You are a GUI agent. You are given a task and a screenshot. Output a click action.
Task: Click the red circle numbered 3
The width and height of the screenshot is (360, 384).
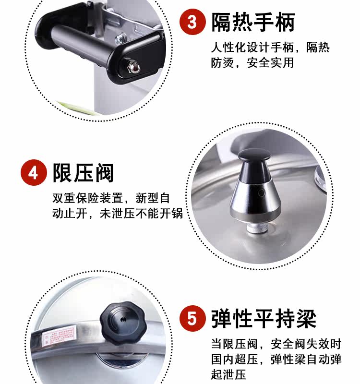[192, 22]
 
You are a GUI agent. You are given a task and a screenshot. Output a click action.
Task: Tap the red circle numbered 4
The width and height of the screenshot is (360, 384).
[34, 172]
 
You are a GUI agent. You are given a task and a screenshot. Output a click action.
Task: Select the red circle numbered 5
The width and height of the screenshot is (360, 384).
[192, 318]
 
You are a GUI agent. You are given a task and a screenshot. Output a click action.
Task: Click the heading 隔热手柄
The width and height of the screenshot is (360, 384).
[253, 23]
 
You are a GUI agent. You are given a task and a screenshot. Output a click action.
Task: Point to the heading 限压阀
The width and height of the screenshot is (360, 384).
[83, 173]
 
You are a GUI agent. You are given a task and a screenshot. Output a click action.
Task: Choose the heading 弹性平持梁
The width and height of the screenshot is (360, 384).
[264, 318]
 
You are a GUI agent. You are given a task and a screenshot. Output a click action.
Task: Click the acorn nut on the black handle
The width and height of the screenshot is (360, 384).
[134, 67]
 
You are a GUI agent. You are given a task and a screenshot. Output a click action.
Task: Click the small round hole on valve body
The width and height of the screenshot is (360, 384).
[261, 193]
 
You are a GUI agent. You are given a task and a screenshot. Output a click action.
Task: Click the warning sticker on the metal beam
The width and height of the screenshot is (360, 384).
[58, 336]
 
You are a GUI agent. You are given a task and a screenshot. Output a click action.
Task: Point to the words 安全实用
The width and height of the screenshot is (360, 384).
[270, 63]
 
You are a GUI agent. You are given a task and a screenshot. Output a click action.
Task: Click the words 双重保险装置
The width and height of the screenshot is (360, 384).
[88, 198]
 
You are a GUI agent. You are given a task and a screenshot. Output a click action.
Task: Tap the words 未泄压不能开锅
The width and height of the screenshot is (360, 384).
[142, 213]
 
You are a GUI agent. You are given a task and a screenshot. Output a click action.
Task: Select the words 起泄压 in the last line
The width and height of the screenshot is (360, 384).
[228, 374]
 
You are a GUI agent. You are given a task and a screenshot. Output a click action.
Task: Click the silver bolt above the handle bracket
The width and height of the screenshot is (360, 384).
[120, 39]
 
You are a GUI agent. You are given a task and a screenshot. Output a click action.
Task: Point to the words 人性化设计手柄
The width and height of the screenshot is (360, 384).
[252, 48]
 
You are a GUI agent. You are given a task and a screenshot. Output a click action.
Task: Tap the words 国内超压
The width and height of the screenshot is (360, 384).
[235, 359]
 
